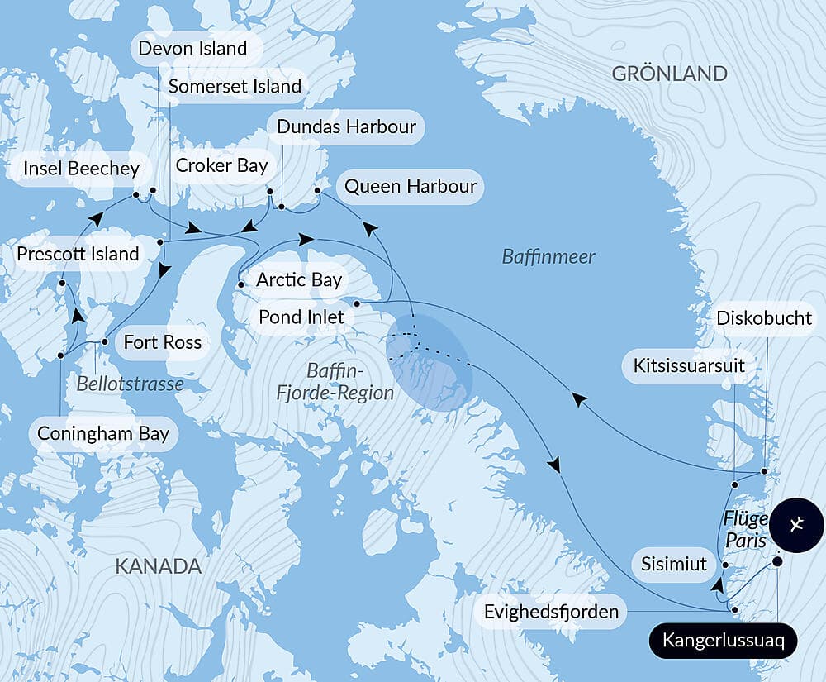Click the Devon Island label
pos(192,48)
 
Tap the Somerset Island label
pos(235,86)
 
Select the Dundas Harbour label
pos(346,127)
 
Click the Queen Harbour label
pos(410,186)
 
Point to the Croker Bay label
pos(222,165)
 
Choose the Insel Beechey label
pos(81,169)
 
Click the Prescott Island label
pos(78,254)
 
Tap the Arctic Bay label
pos(298,279)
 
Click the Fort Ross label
pos(162,341)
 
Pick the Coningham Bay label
pos(103,434)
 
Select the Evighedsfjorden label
pos(552,613)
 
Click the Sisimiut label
pos(674,564)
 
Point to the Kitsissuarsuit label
pos(689,365)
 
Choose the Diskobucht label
pos(764,318)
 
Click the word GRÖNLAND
pos(669,74)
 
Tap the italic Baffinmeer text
pos(548,257)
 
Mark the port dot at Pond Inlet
pos(356,304)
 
